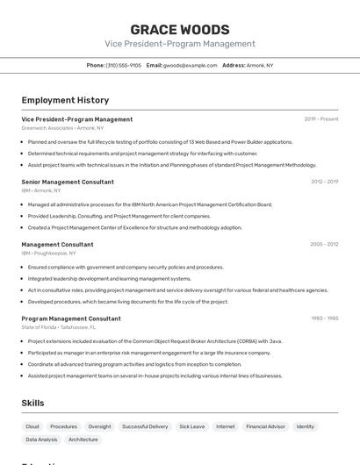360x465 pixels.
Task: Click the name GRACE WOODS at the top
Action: point(180,29)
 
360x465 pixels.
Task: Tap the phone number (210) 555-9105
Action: point(124,65)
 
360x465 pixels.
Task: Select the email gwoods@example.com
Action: point(190,65)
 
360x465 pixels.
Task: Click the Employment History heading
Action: point(65,100)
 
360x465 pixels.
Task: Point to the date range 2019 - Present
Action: point(320,119)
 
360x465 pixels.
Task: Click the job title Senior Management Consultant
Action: point(68,182)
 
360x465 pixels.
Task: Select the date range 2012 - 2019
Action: point(324,182)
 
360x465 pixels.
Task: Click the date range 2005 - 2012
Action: point(324,245)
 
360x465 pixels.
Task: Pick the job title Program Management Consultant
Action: point(71,318)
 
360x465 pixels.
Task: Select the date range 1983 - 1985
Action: point(324,318)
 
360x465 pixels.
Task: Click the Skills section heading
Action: point(32,403)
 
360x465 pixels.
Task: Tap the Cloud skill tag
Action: point(32,426)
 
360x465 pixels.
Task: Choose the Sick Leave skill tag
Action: point(191,426)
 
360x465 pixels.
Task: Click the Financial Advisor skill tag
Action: point(264,426)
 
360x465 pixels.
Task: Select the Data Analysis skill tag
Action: point(41,440)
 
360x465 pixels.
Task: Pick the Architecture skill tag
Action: point(83,440)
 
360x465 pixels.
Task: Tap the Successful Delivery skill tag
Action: point(145,426)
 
